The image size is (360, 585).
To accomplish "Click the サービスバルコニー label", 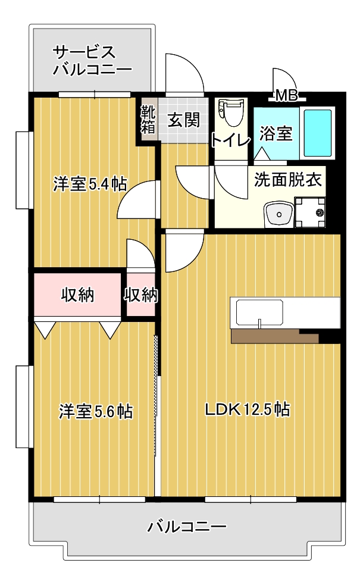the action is coord(92,61).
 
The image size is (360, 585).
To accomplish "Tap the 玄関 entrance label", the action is coord(183,120).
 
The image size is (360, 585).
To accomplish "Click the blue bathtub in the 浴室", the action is coord(317,133).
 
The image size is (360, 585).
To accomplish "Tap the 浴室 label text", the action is coord(276,133).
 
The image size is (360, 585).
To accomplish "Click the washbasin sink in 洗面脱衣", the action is coord(278,215).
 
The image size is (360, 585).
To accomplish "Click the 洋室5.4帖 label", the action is coord(89,183).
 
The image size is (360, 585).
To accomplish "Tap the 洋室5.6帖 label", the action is coord(95,411).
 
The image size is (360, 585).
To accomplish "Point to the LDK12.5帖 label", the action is coord(248,409).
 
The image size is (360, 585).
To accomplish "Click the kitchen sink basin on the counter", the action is coord(259,312).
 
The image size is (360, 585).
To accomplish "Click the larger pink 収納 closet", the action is coord(77,295).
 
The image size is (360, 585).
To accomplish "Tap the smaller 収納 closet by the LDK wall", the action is coord(141,295).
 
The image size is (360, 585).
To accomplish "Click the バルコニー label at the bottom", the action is coord(187,527).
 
